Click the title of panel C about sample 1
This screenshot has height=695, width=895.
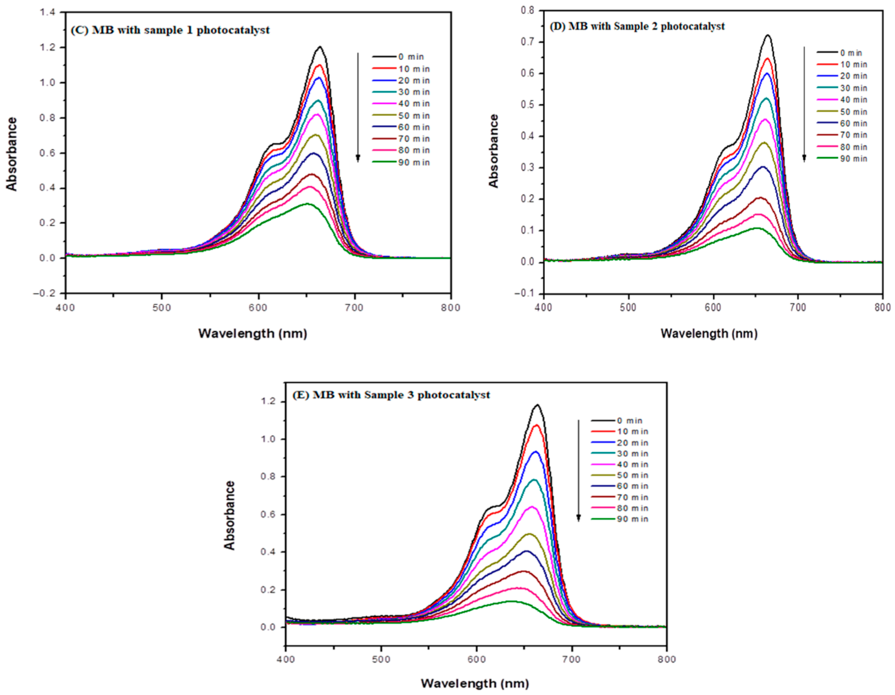click(x=170, y=30)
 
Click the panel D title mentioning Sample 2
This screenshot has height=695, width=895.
click(x=637, y=26)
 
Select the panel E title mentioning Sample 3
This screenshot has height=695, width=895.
click(x=391, y=395)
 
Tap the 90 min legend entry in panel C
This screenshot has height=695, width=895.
click(x=401, y=162)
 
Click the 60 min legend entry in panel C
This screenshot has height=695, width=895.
click(x=401, y=127)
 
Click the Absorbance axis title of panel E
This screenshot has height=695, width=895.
click(x=230, y=515)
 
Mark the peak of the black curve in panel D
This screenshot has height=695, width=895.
click(x=767, y=35)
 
